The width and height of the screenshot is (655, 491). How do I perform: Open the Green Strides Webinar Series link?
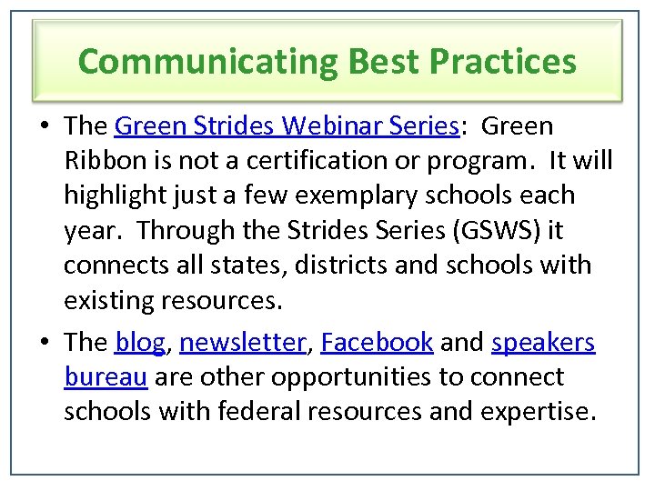point(287,125)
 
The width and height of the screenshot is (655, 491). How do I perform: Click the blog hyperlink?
point(139,342)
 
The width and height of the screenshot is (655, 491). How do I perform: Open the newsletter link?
point(243,342)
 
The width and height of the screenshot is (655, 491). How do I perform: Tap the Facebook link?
point(377,342)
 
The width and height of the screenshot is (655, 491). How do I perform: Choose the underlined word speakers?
point(543,342)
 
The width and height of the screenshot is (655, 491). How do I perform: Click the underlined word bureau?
point(106,376)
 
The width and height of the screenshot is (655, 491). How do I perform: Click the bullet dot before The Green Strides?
point(45,125)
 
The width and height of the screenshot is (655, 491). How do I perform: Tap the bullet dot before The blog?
point(45,342)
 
